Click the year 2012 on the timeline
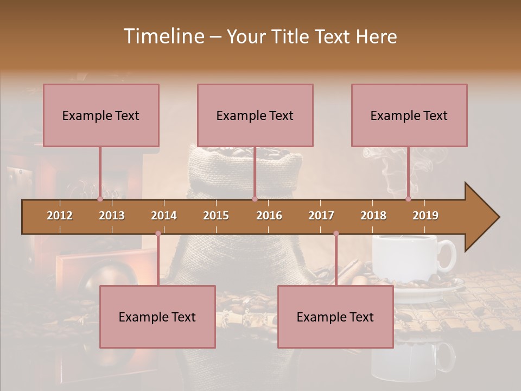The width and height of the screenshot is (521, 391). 60,216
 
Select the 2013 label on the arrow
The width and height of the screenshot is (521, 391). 112,216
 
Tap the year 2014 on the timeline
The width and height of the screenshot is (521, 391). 164,216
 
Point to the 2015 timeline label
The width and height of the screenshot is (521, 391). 216,216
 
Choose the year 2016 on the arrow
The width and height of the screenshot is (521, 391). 269,216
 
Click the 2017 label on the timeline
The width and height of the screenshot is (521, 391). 321,216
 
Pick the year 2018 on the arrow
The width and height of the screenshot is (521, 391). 373,216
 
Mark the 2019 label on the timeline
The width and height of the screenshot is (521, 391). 425,216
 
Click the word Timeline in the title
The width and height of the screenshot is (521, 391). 163,36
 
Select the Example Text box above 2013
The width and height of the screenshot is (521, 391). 101,115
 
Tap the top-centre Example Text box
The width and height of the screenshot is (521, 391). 255,115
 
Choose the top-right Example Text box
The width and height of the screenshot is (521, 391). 409,115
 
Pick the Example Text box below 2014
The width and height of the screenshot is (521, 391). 157,317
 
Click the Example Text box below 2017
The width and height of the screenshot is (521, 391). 335,317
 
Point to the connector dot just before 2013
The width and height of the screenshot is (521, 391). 100,199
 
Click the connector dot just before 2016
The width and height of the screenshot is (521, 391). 255,199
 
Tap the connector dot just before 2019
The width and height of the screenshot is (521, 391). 408,199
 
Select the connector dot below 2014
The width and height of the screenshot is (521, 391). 158,234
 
